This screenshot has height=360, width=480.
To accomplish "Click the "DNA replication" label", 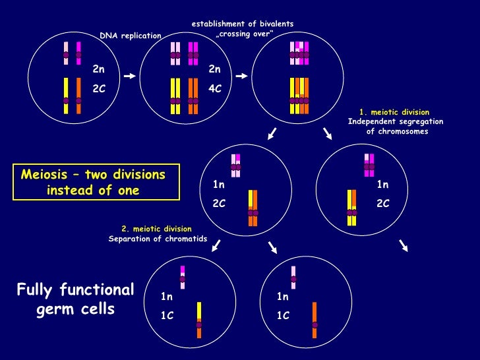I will [x=130, y=36].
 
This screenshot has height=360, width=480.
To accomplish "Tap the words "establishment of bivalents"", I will [x=243, y=24].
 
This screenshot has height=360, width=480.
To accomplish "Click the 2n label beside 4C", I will [x=214, y=69].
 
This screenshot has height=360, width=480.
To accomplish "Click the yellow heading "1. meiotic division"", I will [x=395, y=112].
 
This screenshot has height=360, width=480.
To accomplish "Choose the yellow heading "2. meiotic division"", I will [x=156, y=229].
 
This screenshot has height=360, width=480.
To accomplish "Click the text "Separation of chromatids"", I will [x=158, y=239].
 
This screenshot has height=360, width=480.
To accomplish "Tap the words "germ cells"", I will [x=76, y=309].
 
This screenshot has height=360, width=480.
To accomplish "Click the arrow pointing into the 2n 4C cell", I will [x=129, y=76].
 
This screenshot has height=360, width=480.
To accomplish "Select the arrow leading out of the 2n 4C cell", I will [x=241, y=76].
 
